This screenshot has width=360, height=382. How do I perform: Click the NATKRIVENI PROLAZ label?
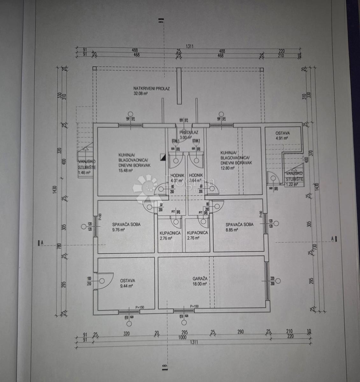click(151, 88)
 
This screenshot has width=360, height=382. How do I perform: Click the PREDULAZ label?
click(189, 132)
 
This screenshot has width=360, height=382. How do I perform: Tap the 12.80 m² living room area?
click(227, 168)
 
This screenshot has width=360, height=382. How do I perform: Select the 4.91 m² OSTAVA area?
click(282, 138)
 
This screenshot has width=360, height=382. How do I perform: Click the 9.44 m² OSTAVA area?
click(126, 286)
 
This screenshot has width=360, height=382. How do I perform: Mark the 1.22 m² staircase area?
click(292, 184)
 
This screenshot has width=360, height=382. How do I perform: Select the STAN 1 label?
click(175, 141)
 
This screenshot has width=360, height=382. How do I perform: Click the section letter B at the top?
click(162, 22)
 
